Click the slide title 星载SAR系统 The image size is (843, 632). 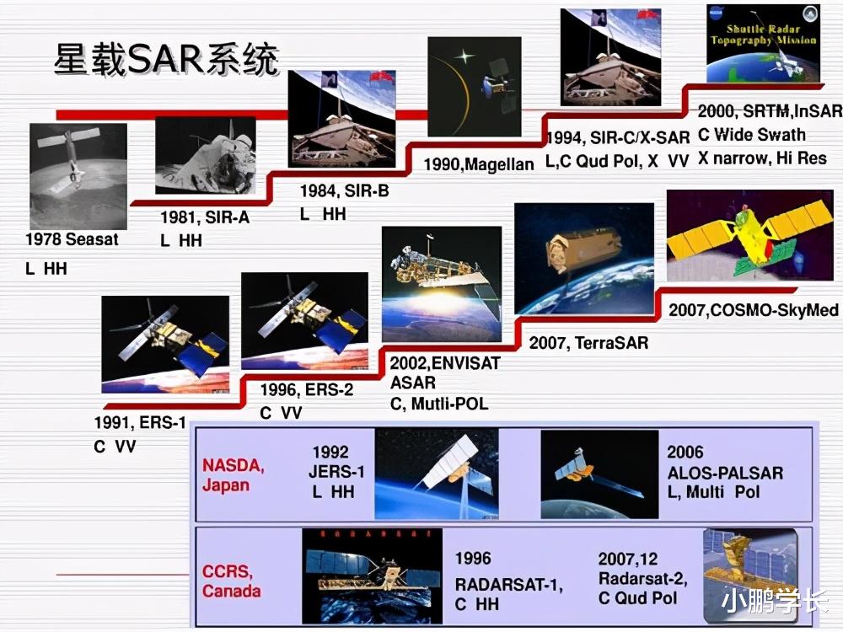pos(166,59)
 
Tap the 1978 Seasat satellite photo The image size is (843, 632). pos(78,176)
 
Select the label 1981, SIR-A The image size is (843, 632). pos(205,217)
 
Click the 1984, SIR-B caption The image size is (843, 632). pos(344,190)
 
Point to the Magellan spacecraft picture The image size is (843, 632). pos(474,87)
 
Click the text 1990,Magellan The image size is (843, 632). pos(479,164)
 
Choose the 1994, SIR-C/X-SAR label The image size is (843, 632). pos(618,138)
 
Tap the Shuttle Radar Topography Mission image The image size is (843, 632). pos(764,43)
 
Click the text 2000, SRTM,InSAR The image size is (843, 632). pos(770,111)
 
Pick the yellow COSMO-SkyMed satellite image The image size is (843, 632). pos(750,235)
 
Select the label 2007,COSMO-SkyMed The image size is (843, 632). pos(753,310)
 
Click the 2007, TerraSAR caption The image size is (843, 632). pos(588,343)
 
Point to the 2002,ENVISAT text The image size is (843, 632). pos(445,363)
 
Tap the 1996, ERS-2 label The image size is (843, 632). pos(307,390)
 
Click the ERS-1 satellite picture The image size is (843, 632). pos(165,345)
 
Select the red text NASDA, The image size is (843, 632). pos(234,465)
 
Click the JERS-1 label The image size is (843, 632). pos(336,472)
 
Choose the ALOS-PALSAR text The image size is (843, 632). pos(725,473)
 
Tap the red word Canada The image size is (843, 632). pos(232,592)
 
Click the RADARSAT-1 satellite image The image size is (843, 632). pos(372,576)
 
